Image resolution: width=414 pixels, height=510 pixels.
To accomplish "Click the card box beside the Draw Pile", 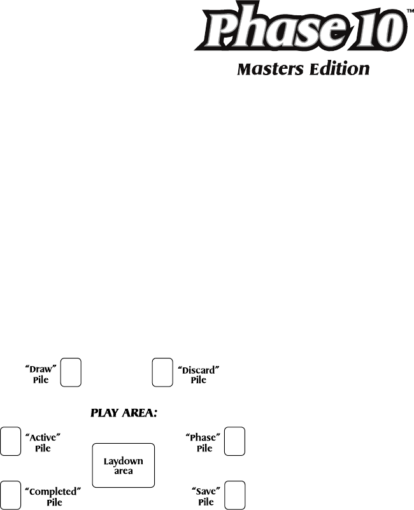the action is click(x=71, y=372).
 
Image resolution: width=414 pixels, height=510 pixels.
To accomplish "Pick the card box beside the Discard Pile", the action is click(x=162, y=372).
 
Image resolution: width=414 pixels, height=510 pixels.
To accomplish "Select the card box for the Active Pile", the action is click(x=10, y=441).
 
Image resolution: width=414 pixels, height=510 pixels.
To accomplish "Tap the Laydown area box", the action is click(x=124, y=465).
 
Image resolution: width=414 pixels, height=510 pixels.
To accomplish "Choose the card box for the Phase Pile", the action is click(x=236, y=441).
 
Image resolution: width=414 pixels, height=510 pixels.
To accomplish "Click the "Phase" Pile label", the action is click(x=203, y=443).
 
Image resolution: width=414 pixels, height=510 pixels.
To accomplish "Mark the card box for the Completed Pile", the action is click(x=10, y=495).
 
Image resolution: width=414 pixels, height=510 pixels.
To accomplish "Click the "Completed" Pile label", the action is click(x=55, y=496).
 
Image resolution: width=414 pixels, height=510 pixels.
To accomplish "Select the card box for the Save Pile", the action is click(x=236, y=495).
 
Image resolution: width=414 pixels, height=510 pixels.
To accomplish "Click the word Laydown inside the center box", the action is click(x=124, y=461).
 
